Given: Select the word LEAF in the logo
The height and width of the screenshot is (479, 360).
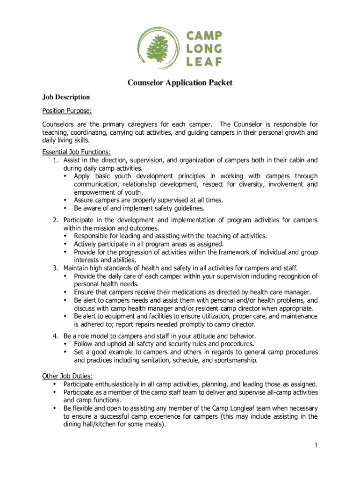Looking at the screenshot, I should coord(204,60).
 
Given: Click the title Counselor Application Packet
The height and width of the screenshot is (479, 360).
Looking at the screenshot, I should coord(180,83).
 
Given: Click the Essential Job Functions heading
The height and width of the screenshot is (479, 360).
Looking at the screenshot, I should coord(77,152).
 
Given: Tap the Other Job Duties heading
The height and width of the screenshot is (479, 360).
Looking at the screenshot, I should coord(67,376).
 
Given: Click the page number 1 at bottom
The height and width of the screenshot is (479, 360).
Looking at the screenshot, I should coord(316,446).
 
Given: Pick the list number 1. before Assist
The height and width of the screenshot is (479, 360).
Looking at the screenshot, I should coord(55,160).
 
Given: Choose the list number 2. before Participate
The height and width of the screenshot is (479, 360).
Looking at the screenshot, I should coord(55,220).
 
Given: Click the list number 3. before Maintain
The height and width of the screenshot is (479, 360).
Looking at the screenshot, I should coord(55,268).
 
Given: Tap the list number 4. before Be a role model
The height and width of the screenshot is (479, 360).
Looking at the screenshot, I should coord(55,336).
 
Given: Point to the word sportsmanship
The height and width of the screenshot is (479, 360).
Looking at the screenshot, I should coord(237,360).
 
